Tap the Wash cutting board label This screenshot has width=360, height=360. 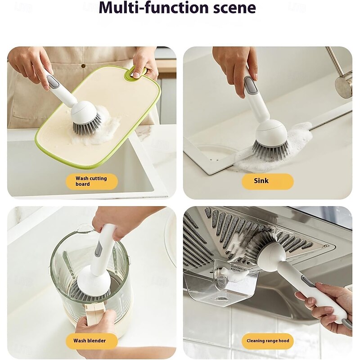click(x=92, y=181)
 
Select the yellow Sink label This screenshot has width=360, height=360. click(x=267, y=181)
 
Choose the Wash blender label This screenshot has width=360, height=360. click(x=92, y=341)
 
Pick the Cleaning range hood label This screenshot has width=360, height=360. click(x=267, y=341)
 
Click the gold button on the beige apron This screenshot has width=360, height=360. click(x=83, y=66)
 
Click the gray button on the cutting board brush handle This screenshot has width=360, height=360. click(x=52, y=81)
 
